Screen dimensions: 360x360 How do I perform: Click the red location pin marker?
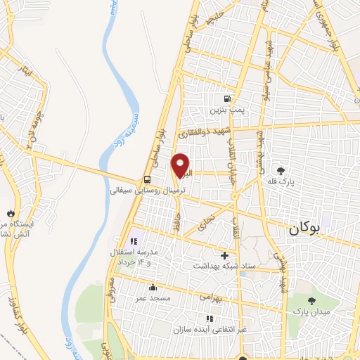click(181, 165)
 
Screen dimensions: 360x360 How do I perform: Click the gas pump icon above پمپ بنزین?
click(226, 99)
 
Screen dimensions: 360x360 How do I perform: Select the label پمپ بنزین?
click(226, 110)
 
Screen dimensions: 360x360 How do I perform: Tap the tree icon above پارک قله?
click(282, 170)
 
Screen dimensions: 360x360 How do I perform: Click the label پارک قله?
click(282, 181)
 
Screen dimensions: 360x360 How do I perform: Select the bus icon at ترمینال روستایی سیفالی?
click(147, 179)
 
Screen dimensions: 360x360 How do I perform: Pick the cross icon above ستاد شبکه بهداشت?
click(224, 255)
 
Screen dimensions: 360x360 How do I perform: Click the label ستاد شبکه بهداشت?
click(224, 266)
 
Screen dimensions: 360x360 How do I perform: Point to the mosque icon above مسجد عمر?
click(153, 287)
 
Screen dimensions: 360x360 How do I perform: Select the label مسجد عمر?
click(153, 298)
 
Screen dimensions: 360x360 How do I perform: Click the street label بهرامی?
click(210, 298)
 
